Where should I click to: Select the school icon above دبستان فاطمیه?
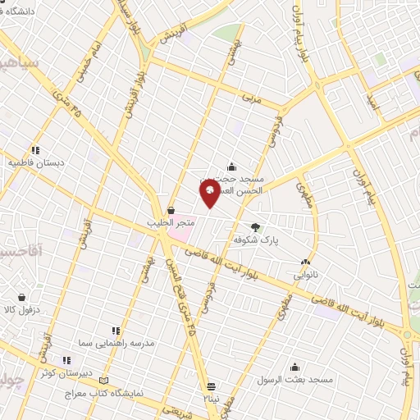[35, 151]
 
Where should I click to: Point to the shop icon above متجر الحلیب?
[171, 210]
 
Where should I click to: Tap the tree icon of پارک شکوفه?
[256, 228]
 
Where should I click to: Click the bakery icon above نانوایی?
[305, 262]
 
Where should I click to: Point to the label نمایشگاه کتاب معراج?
[104, 394]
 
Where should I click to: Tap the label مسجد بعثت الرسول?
[294, 380]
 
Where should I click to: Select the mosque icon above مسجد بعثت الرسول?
[294, 367]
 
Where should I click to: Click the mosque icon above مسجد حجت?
[232, 167]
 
